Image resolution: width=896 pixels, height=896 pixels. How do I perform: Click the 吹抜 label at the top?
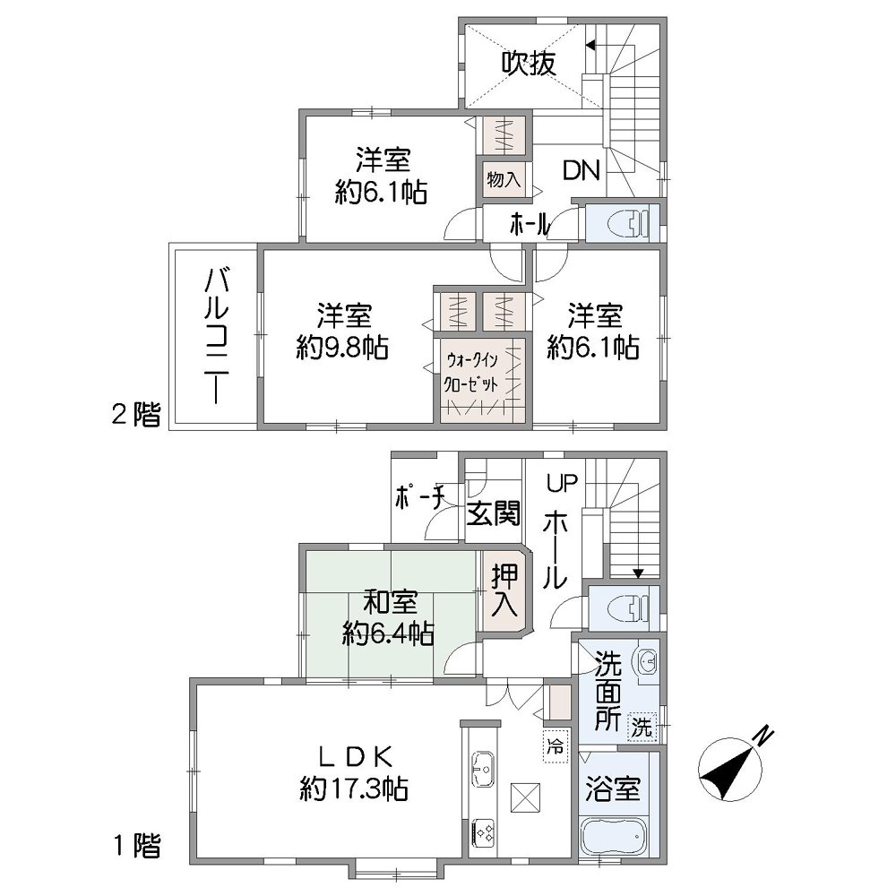click(x=529, y=64)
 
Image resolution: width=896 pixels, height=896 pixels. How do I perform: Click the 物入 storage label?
click(x=503, y=178)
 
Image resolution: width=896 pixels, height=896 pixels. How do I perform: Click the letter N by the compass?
click(x=762, y=735)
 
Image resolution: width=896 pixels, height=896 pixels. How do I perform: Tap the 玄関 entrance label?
click(x=493, y=514)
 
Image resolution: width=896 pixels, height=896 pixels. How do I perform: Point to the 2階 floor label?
click(x=135, y=414)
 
